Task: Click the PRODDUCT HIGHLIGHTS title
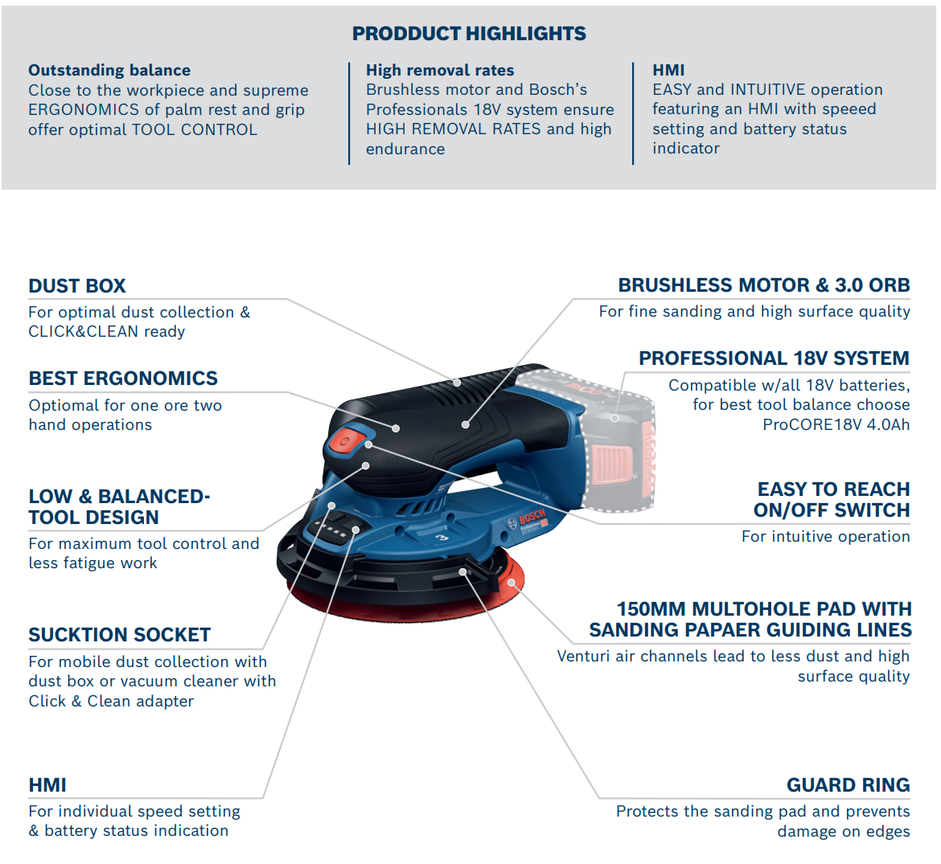[469, 34]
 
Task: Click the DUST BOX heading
[77, 286]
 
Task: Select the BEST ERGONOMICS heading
[123, 379]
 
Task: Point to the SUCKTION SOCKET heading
[119, 634]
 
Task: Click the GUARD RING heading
[848, 785]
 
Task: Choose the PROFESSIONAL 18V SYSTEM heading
[775, 358]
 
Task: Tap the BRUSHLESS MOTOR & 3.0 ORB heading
[764, 285]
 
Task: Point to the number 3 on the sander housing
[442, 538]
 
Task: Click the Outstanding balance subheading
[109, 70]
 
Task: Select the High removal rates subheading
[440, 70]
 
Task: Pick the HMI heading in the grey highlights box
[668, 70]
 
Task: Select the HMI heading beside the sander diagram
[47, 785]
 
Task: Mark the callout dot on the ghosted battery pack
[614, 418]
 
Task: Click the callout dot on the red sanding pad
[512, 582]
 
